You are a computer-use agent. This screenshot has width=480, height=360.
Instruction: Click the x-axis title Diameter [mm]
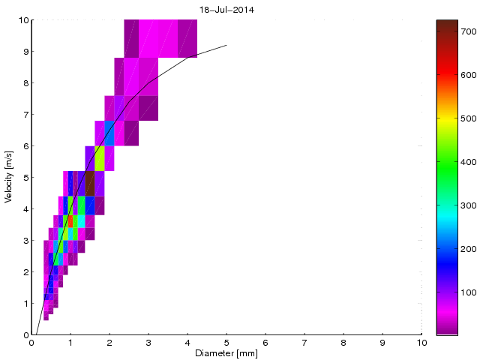coord(226,353)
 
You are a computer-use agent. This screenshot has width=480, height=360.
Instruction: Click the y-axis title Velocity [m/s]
coord(9,178)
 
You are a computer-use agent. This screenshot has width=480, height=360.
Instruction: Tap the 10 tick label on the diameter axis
coord(421,343)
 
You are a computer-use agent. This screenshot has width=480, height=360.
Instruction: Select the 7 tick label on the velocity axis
coord(25,115)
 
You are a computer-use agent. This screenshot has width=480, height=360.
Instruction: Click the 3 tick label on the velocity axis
coord(25,241)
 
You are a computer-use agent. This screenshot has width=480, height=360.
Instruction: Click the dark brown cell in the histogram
coord(90,183)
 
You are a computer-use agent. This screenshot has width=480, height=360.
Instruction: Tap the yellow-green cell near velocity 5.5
coord(100,158)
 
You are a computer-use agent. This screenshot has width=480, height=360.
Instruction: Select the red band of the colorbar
coord(448,75)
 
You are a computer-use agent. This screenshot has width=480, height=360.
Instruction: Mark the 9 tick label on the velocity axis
coord(25,52)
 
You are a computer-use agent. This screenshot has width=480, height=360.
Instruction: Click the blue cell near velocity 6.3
coord(109,133)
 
